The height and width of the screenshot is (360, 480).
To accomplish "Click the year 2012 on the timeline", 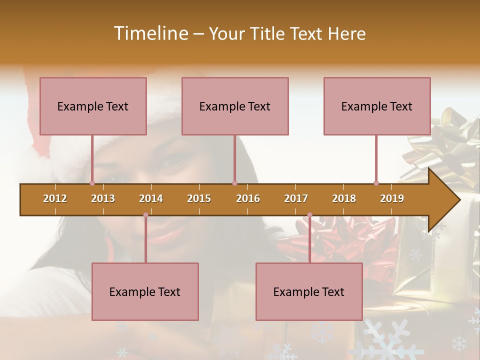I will [55, 198].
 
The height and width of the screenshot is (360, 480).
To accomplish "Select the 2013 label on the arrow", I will [103, 198].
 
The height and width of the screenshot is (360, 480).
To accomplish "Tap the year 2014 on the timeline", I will [151, 198].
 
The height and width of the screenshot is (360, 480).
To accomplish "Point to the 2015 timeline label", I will [199, 198].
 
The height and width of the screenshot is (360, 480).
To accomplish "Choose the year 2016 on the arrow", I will [248, 198].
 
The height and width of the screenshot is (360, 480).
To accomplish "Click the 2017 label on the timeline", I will [296, 198].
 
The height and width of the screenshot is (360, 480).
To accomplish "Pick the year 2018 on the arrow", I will [344, 198].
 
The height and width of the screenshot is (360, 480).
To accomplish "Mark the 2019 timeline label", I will [392, 198].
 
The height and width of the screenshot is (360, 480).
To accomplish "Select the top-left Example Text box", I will [93, 106].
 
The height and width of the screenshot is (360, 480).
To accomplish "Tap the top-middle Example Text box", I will [235, 106].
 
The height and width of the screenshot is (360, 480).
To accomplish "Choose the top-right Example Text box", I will [377, 106].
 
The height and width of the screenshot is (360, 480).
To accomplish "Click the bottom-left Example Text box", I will [145, 291].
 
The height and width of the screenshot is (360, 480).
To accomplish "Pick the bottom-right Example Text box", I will [309, 291].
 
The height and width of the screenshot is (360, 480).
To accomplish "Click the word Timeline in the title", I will [150, 33].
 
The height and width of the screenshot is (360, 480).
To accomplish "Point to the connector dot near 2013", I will [92, 183].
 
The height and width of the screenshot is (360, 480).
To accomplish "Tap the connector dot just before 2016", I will [234, 183].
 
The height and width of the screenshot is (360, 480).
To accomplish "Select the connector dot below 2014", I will [145, 215].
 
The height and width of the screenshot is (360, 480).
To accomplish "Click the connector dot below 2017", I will [309, 215].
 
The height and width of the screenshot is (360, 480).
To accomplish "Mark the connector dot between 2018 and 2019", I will [376, 183].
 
